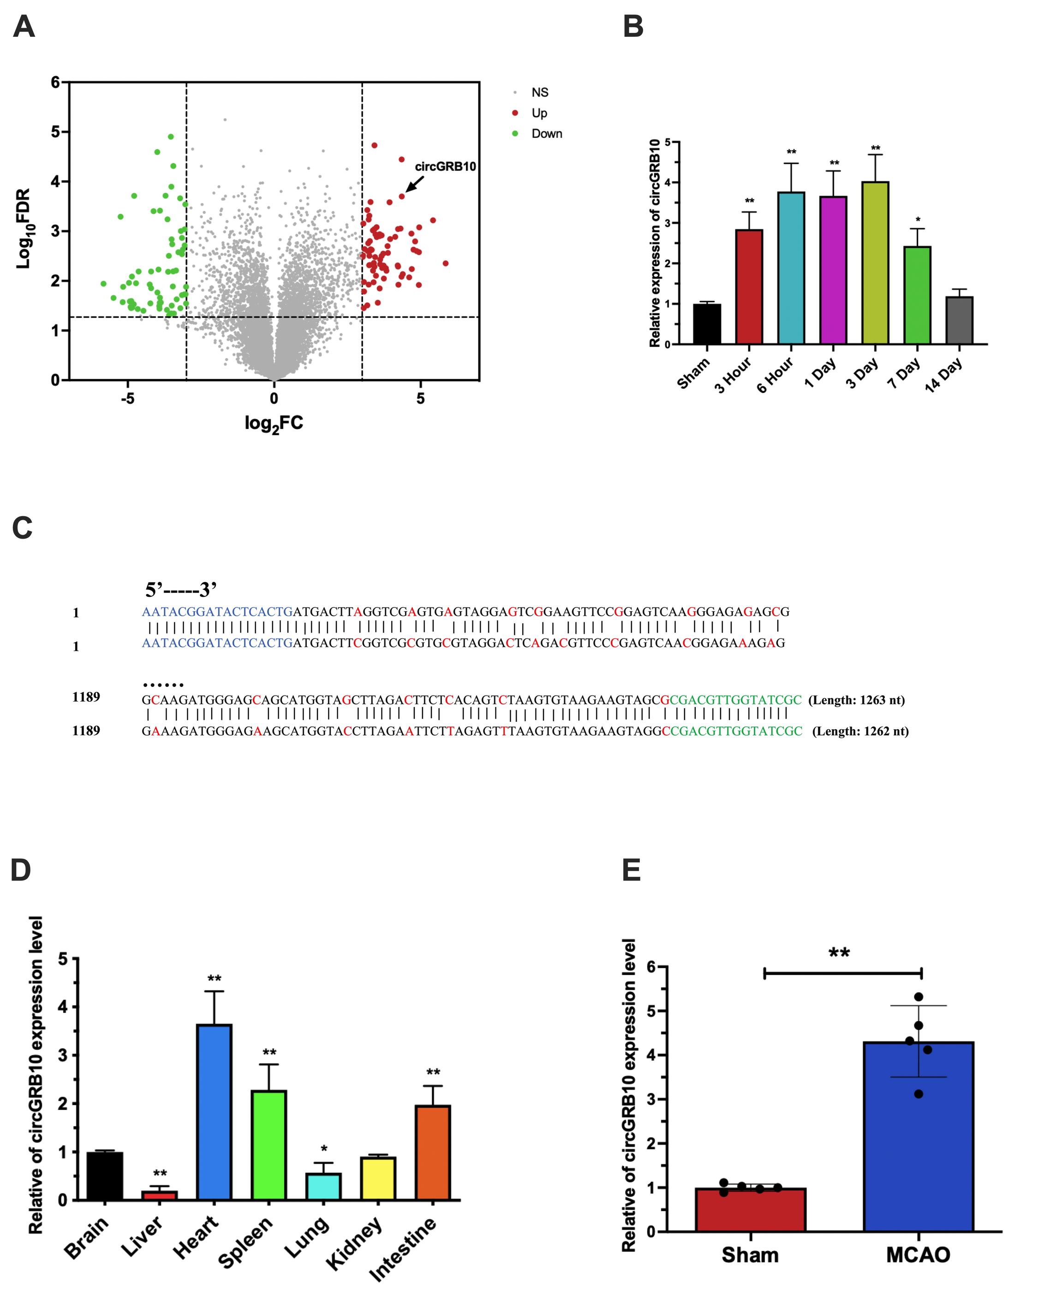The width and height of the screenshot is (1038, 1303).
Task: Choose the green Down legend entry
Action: pyautogui.click(x=546, y=134)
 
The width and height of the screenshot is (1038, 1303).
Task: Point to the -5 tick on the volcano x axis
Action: pyautogui.click(x=127, y=399)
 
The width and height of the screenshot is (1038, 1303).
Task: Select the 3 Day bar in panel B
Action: pyautogui.click(x=875, y=263)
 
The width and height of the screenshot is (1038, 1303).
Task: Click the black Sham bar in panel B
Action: pyautogui.click(x=707, y=324)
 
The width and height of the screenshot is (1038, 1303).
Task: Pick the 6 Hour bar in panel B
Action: pyautogui.click(x=791, y=268)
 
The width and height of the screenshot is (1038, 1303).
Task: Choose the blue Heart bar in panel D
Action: pyautogui.click(x=215, y=1112)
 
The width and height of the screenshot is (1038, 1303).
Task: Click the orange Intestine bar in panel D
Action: pyautogui.click(x=433, y=1152)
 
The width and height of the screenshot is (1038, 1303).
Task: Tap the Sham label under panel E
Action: pyautogui.click(x=750, y=1255)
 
